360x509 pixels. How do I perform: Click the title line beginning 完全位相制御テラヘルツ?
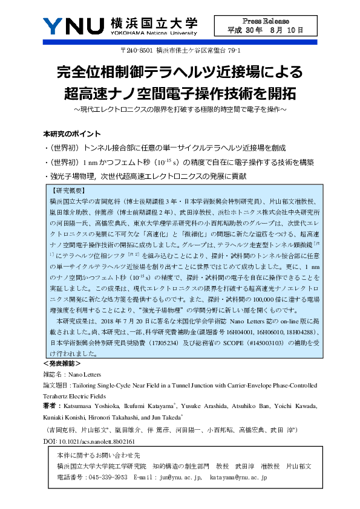tap(180, 73)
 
